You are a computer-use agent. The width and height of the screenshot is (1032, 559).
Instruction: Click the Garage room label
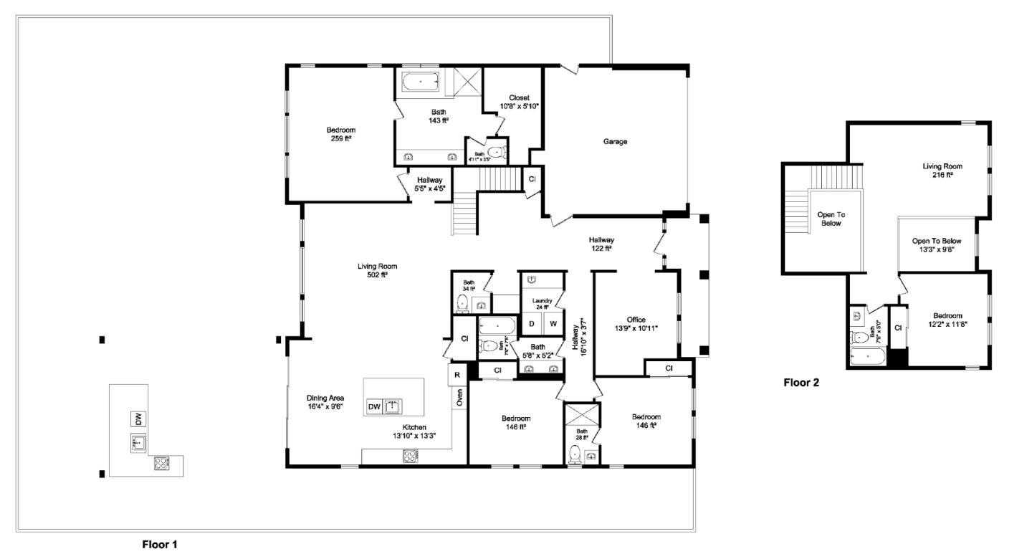[x=615, y=142]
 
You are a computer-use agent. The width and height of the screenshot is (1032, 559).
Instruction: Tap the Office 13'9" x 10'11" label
[x=636, y=324]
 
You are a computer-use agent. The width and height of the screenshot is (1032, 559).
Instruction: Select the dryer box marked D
[x=532, y=323]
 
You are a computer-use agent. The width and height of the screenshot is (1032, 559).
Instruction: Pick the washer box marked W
[x=553, y=323]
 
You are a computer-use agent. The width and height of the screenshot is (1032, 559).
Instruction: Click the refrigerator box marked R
[x=457, y=375]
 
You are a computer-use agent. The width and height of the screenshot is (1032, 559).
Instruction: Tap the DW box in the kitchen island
[x=374, y=407]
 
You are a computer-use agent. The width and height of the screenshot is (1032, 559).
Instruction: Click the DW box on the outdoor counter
[x=138, y=418]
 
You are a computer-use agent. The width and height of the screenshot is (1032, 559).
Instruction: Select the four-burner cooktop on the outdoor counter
[x=162, y=464]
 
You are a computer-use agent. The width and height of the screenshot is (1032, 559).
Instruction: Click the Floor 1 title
[x=160, y=545]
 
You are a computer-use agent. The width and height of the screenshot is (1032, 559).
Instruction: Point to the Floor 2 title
[x=801, y=383]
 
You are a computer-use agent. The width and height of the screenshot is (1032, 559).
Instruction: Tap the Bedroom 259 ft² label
[x=341, y=135]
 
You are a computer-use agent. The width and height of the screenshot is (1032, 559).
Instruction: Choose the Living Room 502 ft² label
[x=377, y=270]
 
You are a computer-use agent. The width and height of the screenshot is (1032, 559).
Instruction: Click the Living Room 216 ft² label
[x=942, y=171]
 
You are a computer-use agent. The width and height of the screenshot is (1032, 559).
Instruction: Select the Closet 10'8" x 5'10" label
[x=519, y=102]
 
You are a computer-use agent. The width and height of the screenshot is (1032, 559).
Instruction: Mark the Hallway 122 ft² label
[x=601, y=244]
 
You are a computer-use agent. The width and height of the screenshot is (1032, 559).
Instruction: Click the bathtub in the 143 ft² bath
[x=421, y=82]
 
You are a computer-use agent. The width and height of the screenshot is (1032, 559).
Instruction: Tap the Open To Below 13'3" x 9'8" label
[x=937, y=246]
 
